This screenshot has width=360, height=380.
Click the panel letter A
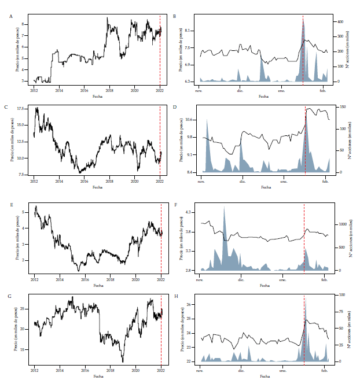(11, 17)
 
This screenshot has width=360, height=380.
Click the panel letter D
(175, 108)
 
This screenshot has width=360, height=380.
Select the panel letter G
(11, 297)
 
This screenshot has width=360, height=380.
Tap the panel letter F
(175, 205)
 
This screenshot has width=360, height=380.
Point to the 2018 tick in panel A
(109, 90)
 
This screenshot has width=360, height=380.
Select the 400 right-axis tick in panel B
(341, 21)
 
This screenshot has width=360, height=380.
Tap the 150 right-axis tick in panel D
(341, 107)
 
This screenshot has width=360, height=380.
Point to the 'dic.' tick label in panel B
(241, 91)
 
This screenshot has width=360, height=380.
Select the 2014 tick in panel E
(59, 279)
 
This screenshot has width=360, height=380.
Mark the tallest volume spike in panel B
(303, 19)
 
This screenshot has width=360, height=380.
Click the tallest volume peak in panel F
(225, 207)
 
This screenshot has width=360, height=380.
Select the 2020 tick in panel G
(135, 369)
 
